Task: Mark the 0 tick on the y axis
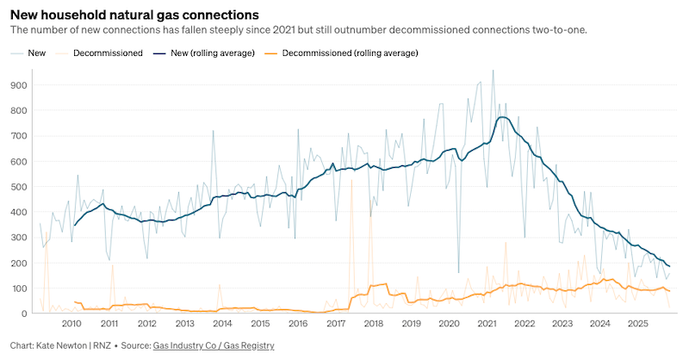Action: [23, 313]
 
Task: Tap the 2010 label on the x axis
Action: [71, 324]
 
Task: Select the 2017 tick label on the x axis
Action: [336, 324]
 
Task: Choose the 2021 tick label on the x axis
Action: [487, 324]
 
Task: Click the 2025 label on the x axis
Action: [637, 324]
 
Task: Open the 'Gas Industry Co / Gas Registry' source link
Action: [214, 345]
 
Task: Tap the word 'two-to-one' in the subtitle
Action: [559, 30]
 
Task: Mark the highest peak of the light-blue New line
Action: [493, 71]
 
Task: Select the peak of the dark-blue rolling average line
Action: [501, 117]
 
